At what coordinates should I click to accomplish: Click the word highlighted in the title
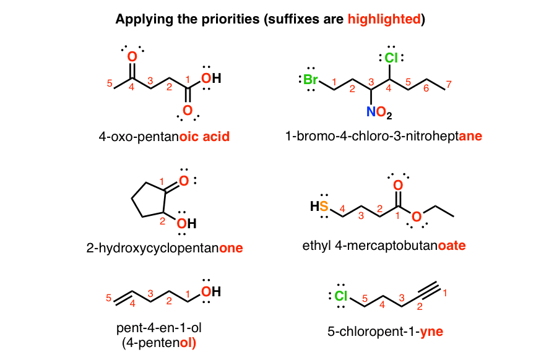click(384, 19)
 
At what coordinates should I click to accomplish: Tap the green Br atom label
click(311, 79)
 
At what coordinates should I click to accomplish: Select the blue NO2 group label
click(379, 113)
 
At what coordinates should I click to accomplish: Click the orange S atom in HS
click(324, 206)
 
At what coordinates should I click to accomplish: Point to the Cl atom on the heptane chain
click(391, 58)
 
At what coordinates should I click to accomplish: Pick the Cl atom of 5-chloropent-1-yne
click(341, 296)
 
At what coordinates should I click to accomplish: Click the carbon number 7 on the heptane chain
click(449, 84)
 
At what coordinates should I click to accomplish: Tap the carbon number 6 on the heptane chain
click(426, 88)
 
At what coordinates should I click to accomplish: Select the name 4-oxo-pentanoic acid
click(164, 137)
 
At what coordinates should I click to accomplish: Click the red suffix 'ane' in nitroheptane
click(470, 136)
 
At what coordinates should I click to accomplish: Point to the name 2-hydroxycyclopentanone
click(165, 248)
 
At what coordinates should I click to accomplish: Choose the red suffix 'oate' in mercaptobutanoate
click(452, 246)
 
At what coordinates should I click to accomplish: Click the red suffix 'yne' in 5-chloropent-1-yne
click(431, 332)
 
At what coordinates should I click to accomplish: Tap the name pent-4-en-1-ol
click(159, 328)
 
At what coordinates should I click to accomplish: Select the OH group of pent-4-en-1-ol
click(211, 292)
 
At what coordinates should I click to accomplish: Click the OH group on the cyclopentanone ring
click(187, 223)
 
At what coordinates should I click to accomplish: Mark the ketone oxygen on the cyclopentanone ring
click(184, 181)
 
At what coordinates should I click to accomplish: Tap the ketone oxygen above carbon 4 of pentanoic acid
click(132, 56)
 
